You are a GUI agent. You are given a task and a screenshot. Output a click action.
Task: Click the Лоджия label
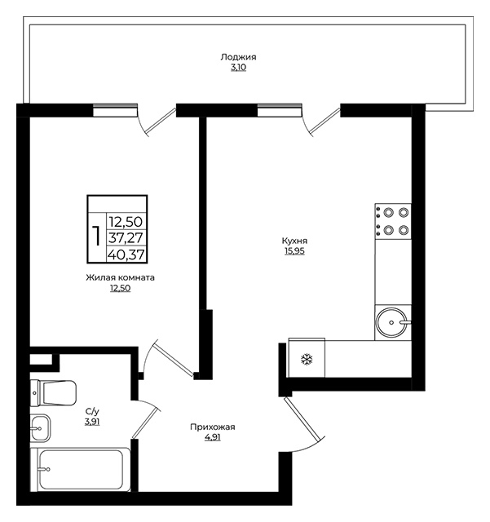[x=238, y=57]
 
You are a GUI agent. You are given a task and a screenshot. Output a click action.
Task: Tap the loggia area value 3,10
[x=238, y=68]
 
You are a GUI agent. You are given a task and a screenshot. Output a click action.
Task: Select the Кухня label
[x=294, y=241]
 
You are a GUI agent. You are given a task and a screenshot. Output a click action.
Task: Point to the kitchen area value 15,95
[x=294, y=251]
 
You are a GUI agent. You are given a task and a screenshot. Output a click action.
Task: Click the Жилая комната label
[x=120, y=277]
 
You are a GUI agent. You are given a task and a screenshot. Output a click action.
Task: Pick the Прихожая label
[x=213, y=427]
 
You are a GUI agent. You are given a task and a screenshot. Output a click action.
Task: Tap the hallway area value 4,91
[x=213, y=438]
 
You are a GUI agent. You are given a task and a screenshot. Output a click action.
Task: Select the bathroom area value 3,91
[x=92, y=422]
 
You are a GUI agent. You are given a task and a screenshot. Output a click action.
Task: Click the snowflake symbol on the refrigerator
[x=307, y=359]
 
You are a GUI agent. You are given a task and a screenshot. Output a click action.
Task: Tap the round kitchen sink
[x=391, y=323]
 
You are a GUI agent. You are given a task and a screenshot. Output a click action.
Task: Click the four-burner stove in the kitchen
[x=393, y=221]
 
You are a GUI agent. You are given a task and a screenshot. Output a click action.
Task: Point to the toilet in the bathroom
[x=53, y=393]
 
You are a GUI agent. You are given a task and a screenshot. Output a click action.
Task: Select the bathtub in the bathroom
[x=80, y=470]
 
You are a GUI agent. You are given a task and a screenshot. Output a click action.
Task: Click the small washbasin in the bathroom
[x=41, y=428]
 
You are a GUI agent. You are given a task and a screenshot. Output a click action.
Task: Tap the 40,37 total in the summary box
[x=126, y=255]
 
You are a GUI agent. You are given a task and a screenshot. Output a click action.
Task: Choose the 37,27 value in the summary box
[x=126, y=238]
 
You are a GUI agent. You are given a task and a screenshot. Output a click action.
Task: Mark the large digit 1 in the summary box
[x=96, y=236]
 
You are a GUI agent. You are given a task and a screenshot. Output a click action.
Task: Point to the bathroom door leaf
[x=144, y=421]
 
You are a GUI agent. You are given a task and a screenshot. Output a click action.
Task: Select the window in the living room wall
[x=115, y=111]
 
